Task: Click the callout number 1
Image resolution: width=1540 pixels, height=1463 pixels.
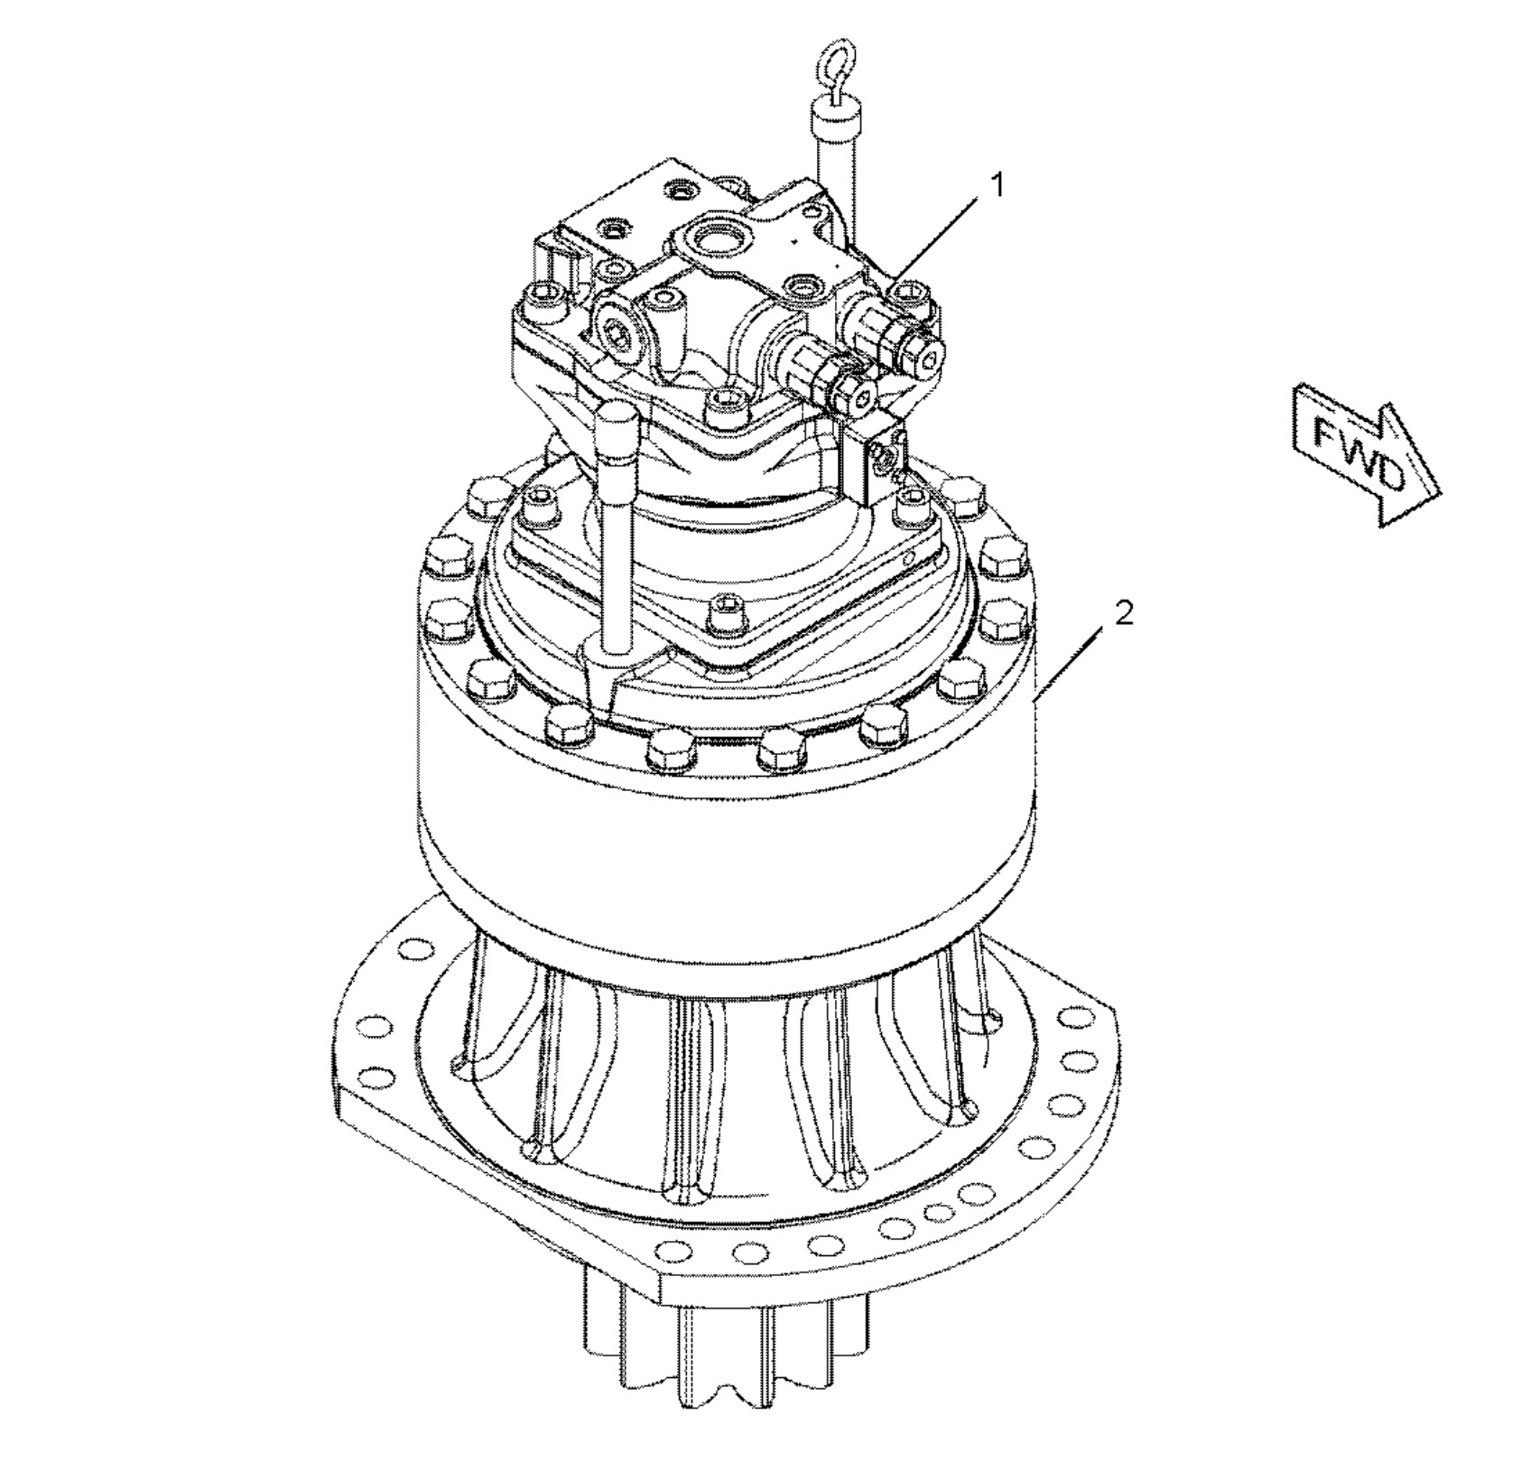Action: pyautogui.click(x=997, y=185)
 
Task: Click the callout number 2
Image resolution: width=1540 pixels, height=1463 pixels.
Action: pyautogui.click(x=1123, y=613)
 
